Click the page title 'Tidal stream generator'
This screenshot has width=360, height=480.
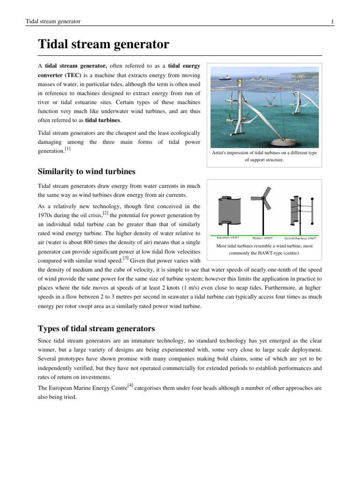click(103, 45)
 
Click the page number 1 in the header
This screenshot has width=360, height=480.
click(332, 22)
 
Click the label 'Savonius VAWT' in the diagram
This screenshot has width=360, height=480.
click(227, 238)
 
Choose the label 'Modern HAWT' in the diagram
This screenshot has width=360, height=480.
click(263, 238)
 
